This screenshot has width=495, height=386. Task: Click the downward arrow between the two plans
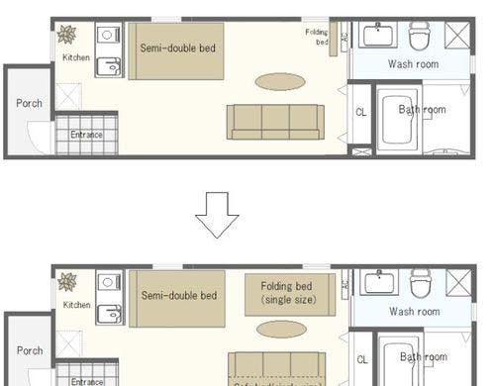click(x=218, y=214)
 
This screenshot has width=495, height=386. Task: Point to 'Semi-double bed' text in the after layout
click(x=179, y=295)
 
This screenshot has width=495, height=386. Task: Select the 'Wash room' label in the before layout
click(x=414, y=64)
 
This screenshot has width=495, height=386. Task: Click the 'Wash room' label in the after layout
click(x=414, y=312)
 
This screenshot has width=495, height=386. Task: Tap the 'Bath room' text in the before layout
click(x=423, y=110)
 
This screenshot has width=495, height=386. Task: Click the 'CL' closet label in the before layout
click(x=361, y=113)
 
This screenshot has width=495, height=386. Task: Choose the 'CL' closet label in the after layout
click(x=361, y=359)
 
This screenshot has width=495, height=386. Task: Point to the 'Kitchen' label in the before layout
click(x=76, y=58)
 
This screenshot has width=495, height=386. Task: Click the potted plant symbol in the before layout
click(x=67, y=35)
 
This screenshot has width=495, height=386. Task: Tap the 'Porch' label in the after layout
click(x=30, y=350)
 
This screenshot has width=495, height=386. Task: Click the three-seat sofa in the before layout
click(x=275, y=121)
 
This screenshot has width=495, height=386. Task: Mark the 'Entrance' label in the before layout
click(x=87, y=135)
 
